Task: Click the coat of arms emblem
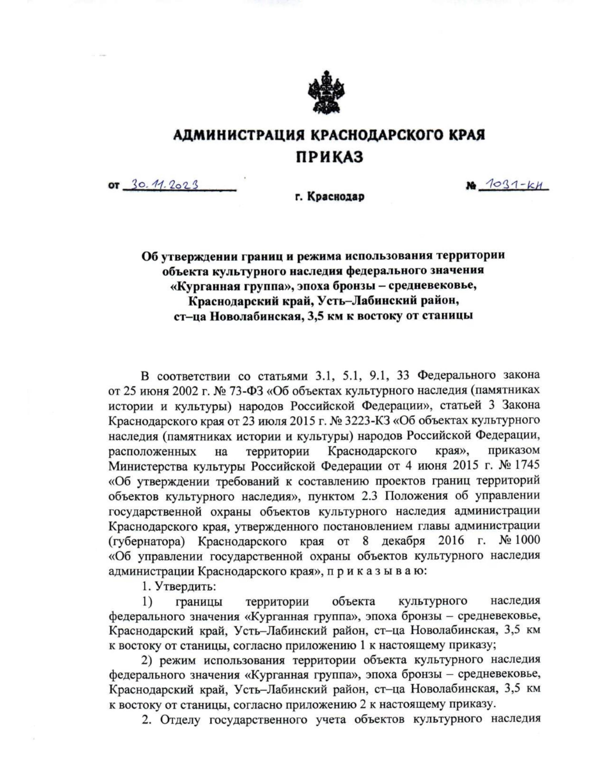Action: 329,92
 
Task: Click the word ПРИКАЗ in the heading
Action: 328,157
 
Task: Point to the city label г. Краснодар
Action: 329,198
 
